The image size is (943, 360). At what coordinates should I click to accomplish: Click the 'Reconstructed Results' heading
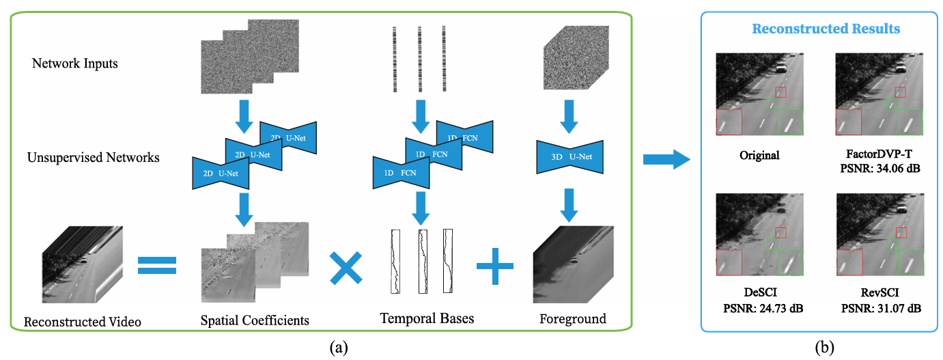click(826, 29)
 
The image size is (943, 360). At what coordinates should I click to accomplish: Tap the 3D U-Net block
click(569, 157)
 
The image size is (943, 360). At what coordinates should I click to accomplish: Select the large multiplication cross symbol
click(346, 268)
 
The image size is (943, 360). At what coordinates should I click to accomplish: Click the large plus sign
click(494, 266)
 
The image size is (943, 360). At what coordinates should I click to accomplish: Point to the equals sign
click(157, 266)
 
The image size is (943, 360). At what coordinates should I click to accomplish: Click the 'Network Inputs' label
click(75, 64)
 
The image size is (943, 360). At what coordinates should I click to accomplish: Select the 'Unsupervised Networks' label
click(93, 158)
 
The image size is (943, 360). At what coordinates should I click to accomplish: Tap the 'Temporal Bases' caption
click(427, 318)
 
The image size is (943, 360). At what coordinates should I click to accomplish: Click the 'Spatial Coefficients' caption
click(255, 320)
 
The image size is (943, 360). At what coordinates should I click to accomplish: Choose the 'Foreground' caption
click(573, 319)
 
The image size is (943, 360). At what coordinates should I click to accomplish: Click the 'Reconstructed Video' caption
click(83, 322)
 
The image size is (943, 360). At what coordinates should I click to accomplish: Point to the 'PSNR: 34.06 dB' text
click(880, 169)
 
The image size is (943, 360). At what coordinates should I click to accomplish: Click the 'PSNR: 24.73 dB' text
click(763, 309)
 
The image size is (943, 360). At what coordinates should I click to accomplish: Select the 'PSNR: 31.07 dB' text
click(881, 309)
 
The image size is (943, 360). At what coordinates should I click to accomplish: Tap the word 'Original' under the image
click(759, 155)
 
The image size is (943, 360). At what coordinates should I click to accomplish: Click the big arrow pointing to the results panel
click(666, 160)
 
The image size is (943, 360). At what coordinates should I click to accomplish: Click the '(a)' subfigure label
click(339, 348)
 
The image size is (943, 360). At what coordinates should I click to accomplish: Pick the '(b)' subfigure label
click(825, 348)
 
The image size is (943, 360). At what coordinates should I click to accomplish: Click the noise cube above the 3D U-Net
click(576, 57)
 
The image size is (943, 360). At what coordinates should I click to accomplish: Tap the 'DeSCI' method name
click(760, 292)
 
